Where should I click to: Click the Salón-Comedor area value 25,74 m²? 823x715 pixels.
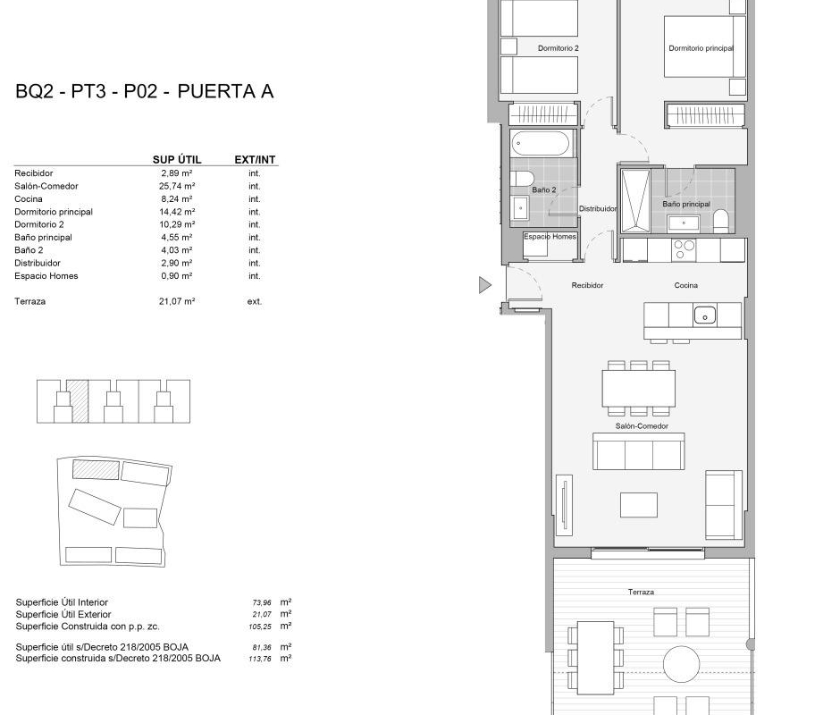177,186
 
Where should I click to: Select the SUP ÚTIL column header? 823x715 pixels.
177,160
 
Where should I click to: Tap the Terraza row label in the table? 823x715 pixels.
29,301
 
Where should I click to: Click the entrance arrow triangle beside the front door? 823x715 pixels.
485,285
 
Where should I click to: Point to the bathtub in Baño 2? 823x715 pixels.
540,143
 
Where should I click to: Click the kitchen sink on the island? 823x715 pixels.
705,316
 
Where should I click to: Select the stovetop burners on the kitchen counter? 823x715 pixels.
684,250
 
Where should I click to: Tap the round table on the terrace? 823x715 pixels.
681,664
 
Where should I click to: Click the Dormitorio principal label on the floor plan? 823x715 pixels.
701,48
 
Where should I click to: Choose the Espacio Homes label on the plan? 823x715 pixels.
550,237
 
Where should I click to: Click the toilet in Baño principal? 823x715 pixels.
720,222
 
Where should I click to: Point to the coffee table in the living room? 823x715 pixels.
639,505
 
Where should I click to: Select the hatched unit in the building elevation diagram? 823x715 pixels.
80,401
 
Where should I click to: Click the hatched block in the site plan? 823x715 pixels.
96,469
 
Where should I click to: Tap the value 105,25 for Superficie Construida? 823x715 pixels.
260,627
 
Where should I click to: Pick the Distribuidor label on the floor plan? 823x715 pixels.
597,209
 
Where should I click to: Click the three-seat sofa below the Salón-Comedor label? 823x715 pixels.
639,451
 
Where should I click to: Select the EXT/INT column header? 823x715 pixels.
255,160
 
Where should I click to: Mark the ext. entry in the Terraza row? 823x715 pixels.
255,301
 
